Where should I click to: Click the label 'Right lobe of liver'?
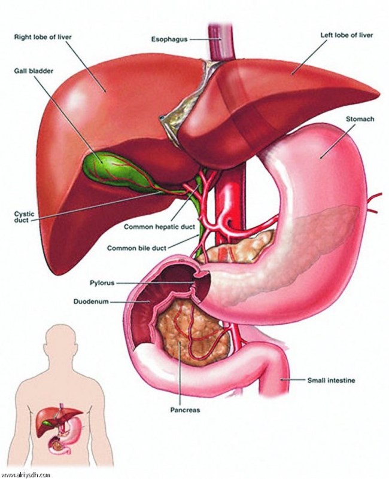43,37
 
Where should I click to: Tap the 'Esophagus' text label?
169,39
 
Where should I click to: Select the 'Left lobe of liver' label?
347,35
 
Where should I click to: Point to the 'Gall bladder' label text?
34,71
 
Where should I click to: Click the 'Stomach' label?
360,119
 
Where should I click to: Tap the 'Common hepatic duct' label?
159,227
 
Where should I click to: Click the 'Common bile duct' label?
136,248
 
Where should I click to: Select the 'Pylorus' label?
102,283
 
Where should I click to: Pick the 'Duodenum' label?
91,301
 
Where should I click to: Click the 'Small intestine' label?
331,380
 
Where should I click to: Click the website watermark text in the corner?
25,475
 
